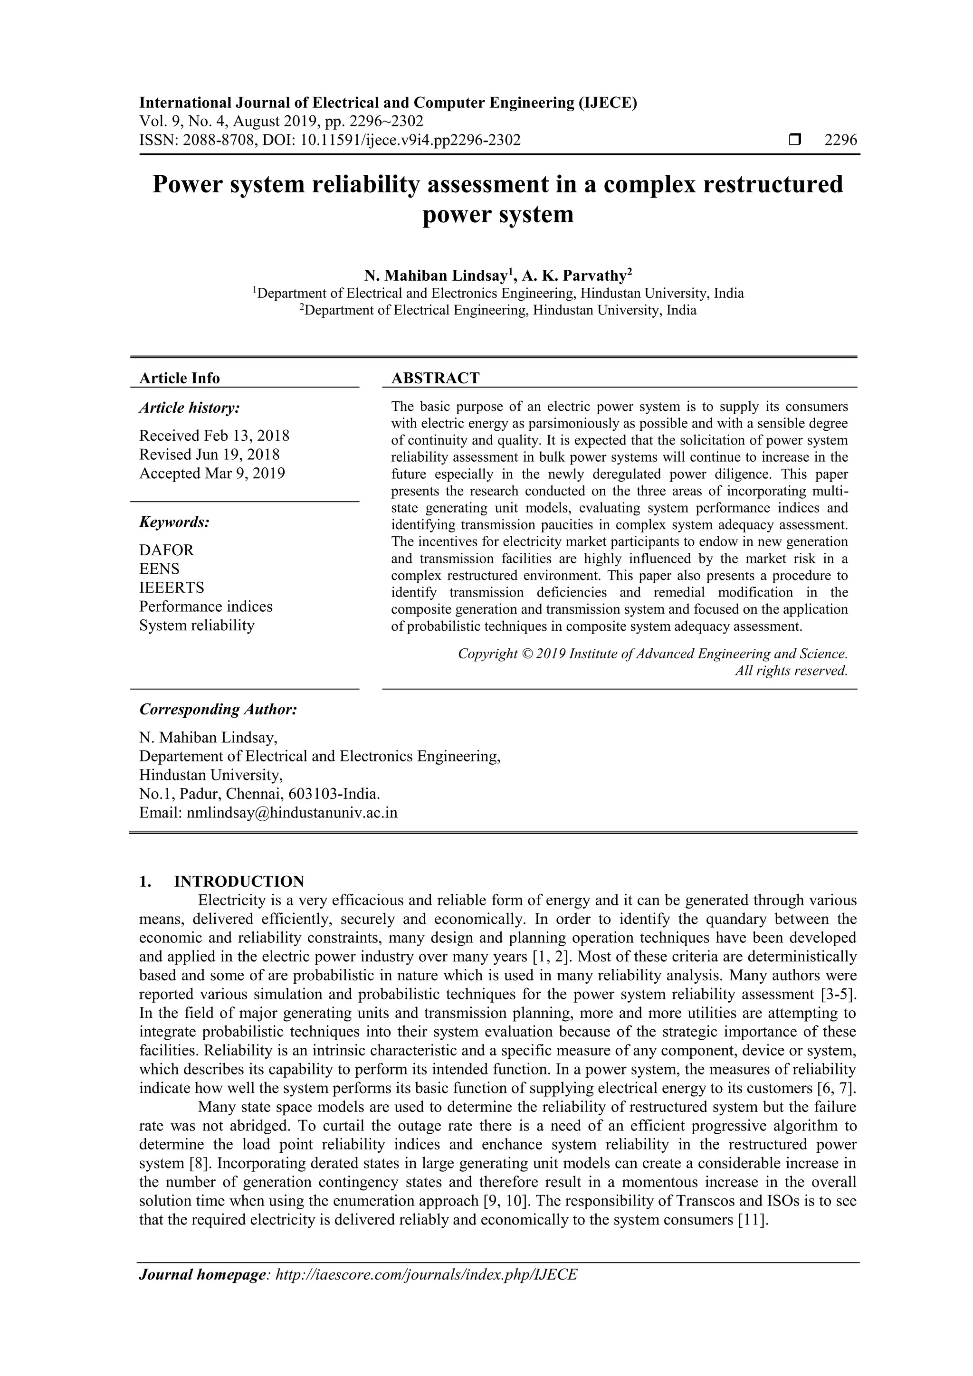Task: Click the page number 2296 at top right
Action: (840, 140)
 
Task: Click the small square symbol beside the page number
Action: (795, 140)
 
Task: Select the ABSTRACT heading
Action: (435, 378)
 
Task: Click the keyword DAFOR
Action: (167, 550)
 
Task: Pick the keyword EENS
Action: (160, 569)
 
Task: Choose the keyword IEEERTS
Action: (172, 588)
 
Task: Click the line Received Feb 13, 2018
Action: (214, 436)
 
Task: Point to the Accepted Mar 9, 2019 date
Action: (212, 474)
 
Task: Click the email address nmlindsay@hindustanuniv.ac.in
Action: (292, 813)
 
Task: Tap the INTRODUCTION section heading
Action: (238, 882)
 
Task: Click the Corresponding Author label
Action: (218, 710)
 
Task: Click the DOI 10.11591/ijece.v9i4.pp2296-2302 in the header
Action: (410, 140)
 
